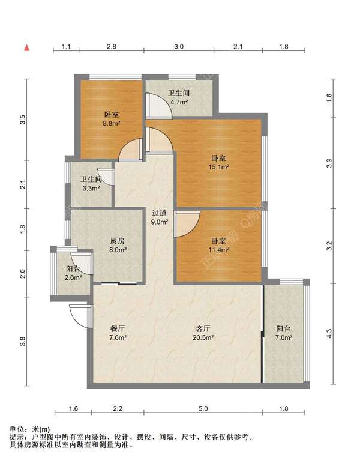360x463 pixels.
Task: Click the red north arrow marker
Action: (27, 47)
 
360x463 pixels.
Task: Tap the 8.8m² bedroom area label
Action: (111, 124)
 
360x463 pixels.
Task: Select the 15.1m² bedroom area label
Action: (219, 167)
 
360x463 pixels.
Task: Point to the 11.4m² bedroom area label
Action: (219, 250)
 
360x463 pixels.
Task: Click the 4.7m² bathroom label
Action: (179, 103)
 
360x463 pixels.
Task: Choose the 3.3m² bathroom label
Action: (91, 188)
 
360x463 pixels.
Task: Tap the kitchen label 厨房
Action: (118, 241)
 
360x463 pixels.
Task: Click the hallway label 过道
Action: (160, 213)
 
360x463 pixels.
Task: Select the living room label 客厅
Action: (203, 328)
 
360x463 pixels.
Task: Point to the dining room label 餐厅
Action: (118, 328)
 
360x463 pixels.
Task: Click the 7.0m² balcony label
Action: (284, 337)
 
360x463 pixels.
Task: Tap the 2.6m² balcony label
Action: (73, 277)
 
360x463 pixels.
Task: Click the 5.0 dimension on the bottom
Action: (203, 409)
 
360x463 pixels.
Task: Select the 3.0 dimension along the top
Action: (179, 47)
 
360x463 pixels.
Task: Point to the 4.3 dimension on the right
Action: (329, 334)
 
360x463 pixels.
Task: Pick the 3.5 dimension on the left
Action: (23, 120)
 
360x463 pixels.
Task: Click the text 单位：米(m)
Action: (29, 429)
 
